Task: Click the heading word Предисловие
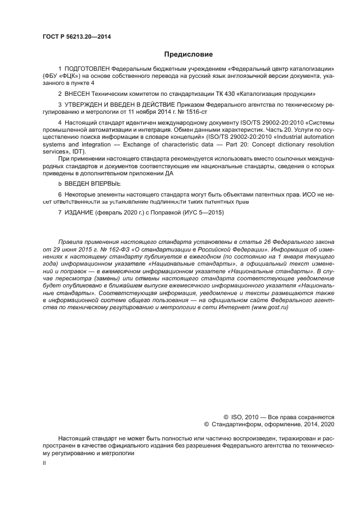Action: coord(188,54)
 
